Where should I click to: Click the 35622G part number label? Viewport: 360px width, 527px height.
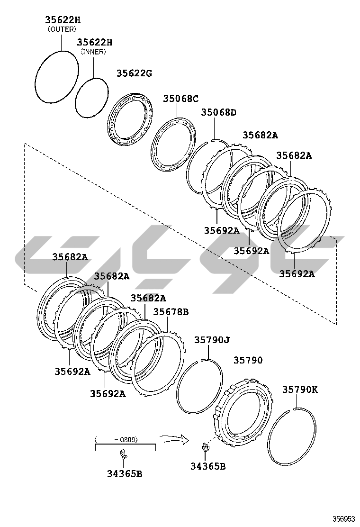pyautogui.click(x=135, y=73)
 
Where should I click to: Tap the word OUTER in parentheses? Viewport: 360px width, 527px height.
pyautogui.click(x=62, y=29)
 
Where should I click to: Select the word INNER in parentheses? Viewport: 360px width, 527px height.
pyautogui.click(x=93, y=52)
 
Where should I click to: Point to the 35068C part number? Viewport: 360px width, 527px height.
pyautogui.click(x=181, y=99)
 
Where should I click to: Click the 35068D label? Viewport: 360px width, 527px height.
pyautogui.click(x=219, y=112)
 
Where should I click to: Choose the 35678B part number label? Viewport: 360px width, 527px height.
pyautogui.click(x=171, y=312)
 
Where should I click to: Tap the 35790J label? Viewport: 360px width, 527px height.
pyautogui.click(x=212, y=340)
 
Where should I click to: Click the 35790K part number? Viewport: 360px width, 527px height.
pyautogui.click(x=300, y=390)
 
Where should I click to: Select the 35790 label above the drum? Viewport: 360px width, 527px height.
pyautogui.click(x=248, y=360)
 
